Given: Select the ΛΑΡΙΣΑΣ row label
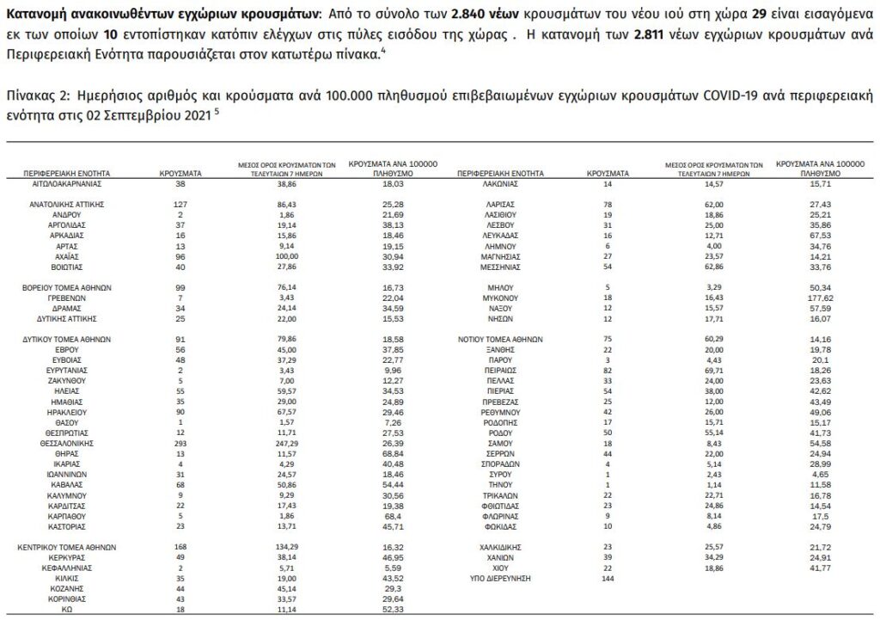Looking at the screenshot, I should tap(499, 205).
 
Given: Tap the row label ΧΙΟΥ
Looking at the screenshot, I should tap(499, 568).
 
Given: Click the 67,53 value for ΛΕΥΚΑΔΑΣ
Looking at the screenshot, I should tap(821, 234).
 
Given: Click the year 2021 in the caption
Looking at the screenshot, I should tap(190, 112).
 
